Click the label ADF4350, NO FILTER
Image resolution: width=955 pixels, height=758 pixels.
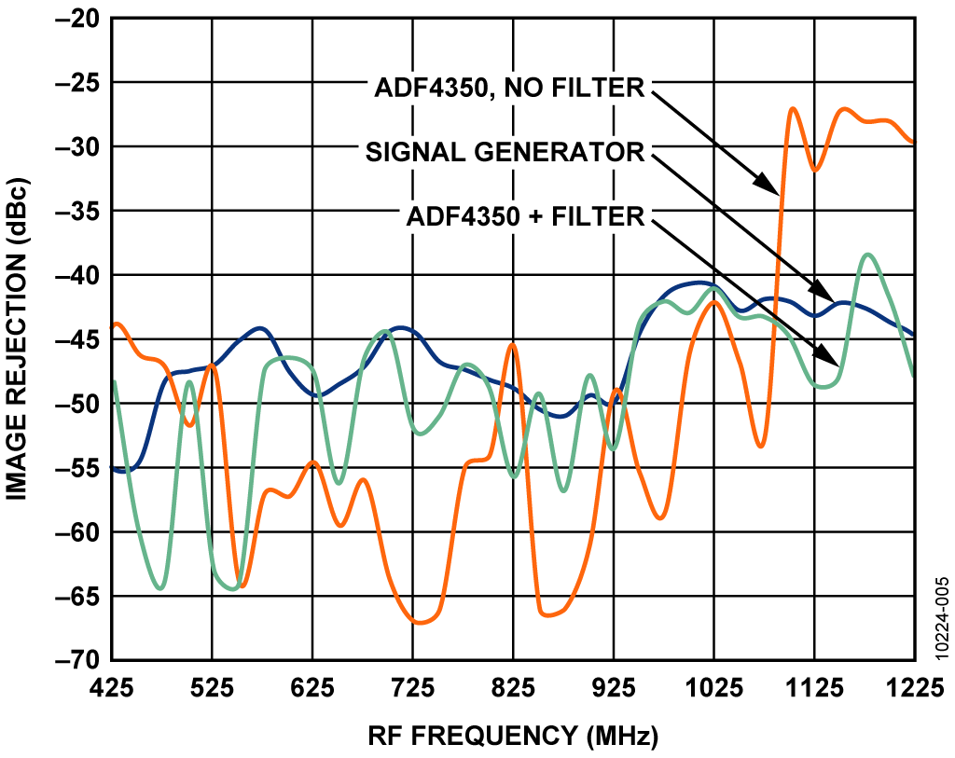pyautogui.click(x=509, y=89)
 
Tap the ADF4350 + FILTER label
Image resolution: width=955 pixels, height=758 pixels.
pyautogui.click(x=526, y=216)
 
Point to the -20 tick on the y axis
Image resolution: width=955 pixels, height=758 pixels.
pyautogui.click(x=83, y=19)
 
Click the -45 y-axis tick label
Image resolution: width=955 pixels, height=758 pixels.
pyautogui.click(x=83, y=339)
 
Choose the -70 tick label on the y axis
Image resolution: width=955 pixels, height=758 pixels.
pyautogui.click(x=83, y=660)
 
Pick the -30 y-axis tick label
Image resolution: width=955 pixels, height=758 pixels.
pyautogui.click(x=83, y=147)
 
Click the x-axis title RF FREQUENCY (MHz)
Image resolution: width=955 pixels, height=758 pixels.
pyautogui.click(x=512, y=736)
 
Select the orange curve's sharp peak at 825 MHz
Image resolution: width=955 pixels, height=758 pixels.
pyautogui.click(x=512, y=345)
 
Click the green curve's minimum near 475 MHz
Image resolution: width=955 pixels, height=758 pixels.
pyautogui.click(x=160, y=588)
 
